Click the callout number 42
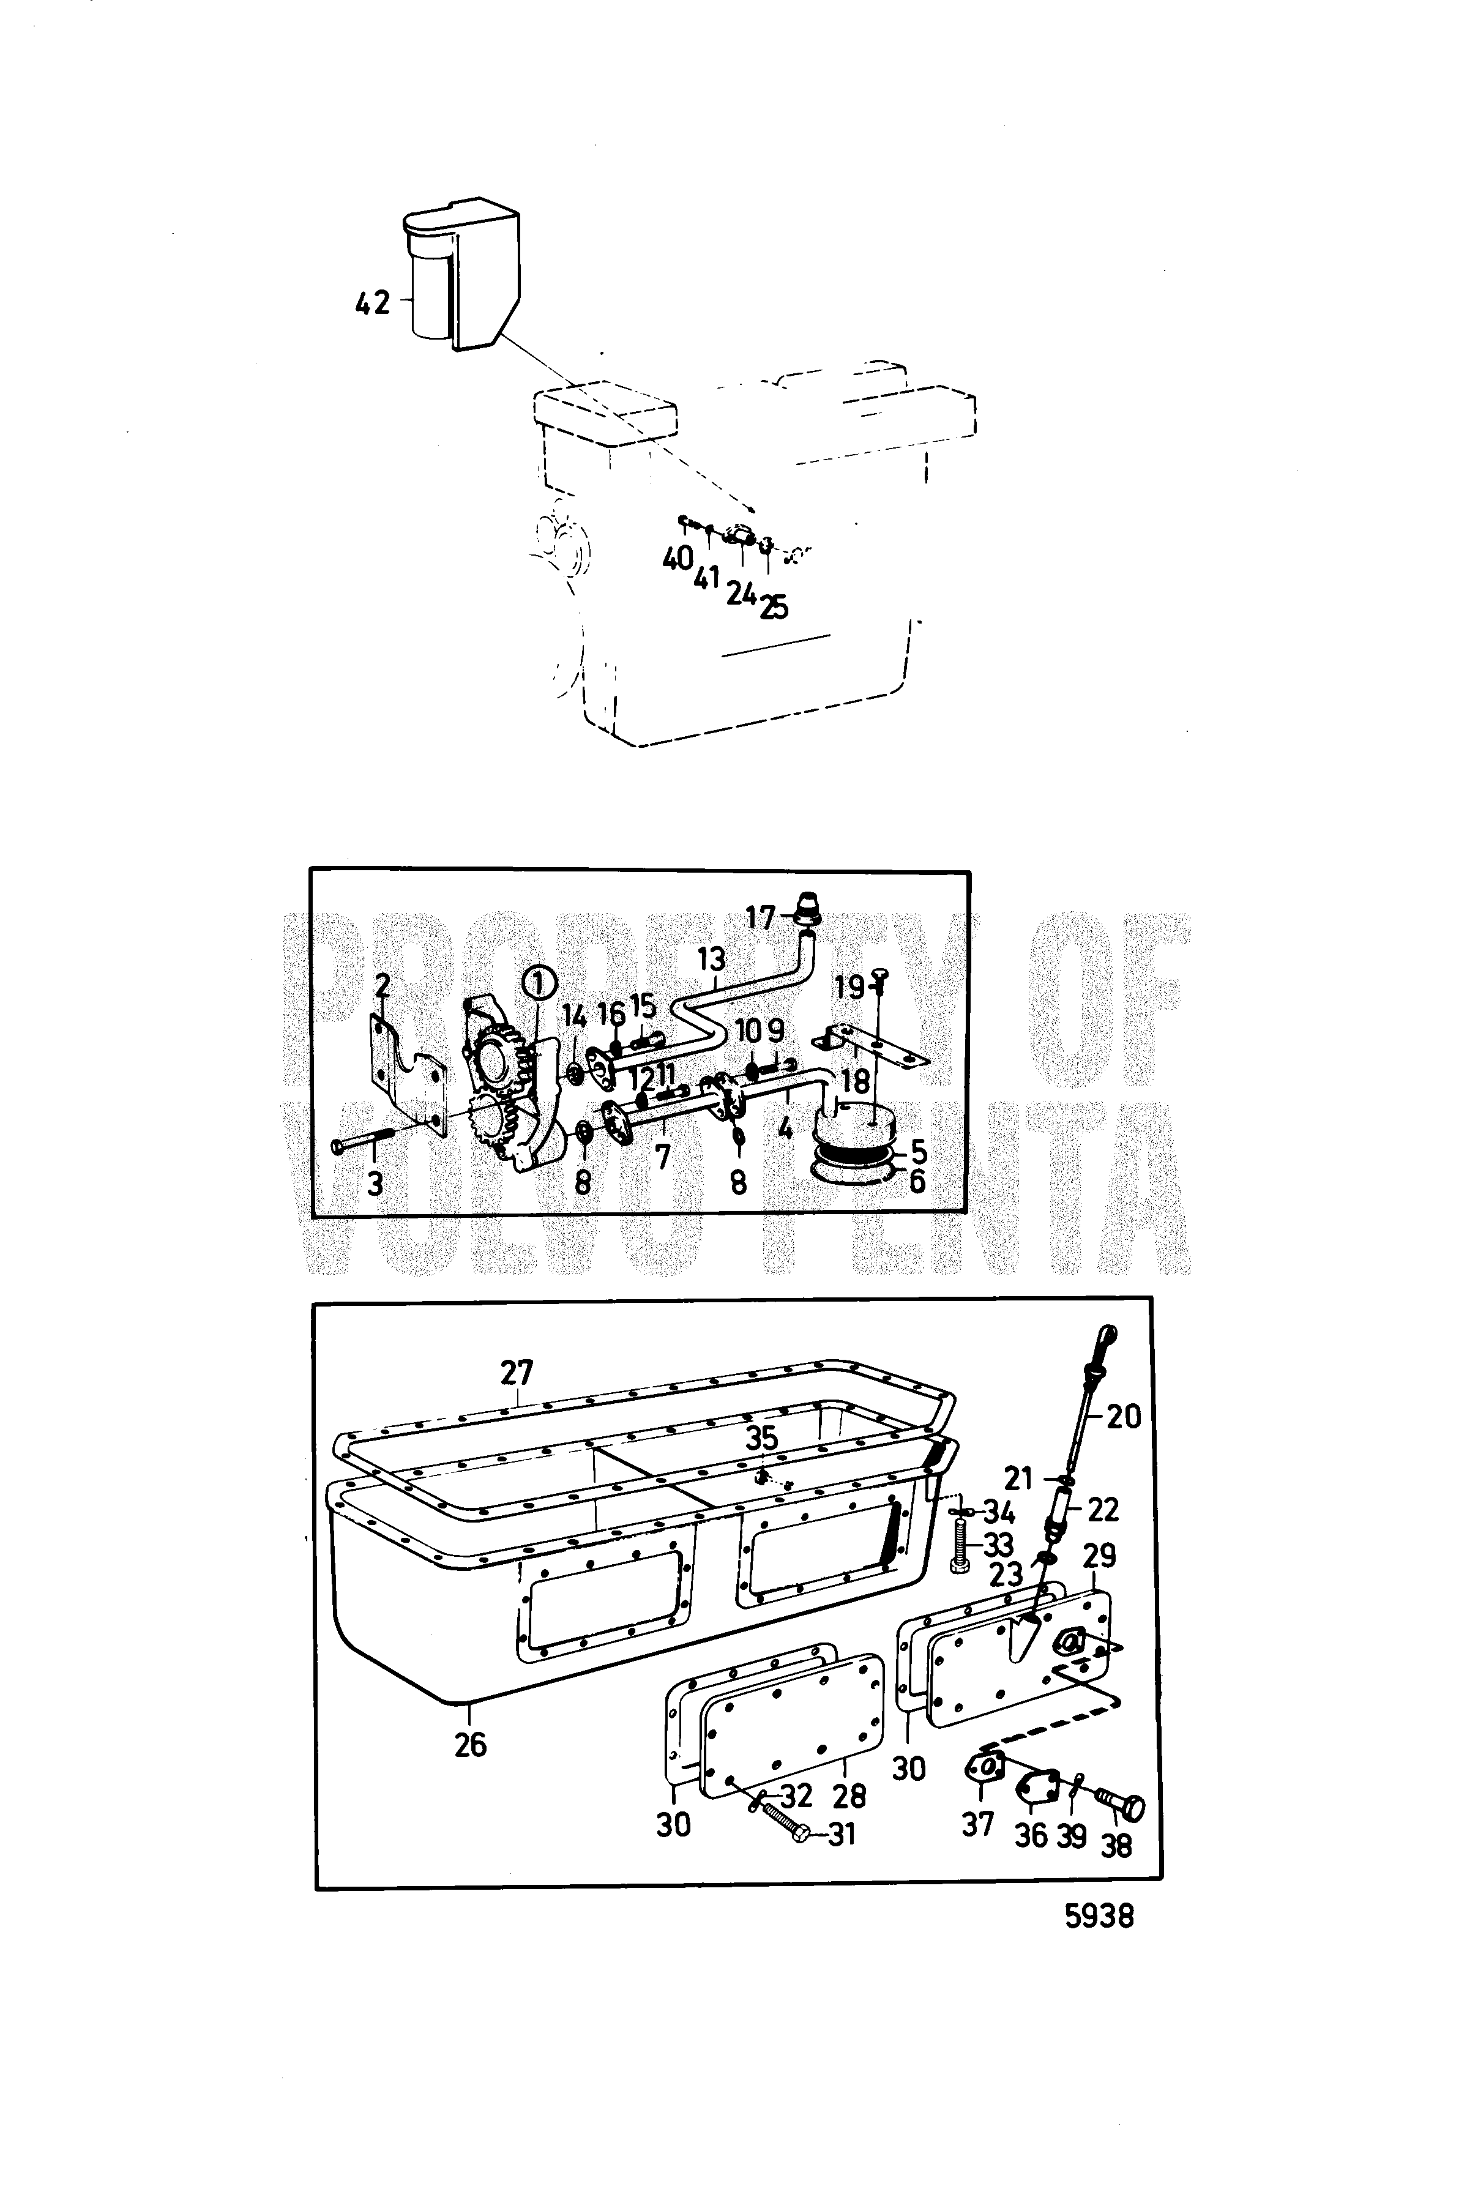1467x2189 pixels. tap(371, 302)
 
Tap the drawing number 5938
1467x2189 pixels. tap(1099, 1917)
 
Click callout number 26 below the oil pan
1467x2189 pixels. tap(471, 1745)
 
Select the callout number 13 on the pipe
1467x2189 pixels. tap(712, 959)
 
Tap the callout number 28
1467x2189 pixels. tap(849, 1795)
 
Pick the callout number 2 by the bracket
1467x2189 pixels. tap(382, 986)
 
